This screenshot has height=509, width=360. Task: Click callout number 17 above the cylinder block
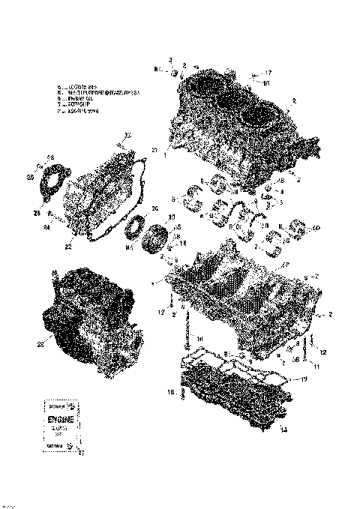268,73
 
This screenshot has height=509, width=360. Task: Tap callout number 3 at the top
169,59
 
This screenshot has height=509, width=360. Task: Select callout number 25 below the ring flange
35,213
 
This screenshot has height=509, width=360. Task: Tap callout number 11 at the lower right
316,367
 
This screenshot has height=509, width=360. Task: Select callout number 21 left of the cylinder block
154,151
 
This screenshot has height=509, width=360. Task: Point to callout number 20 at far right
316,228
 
